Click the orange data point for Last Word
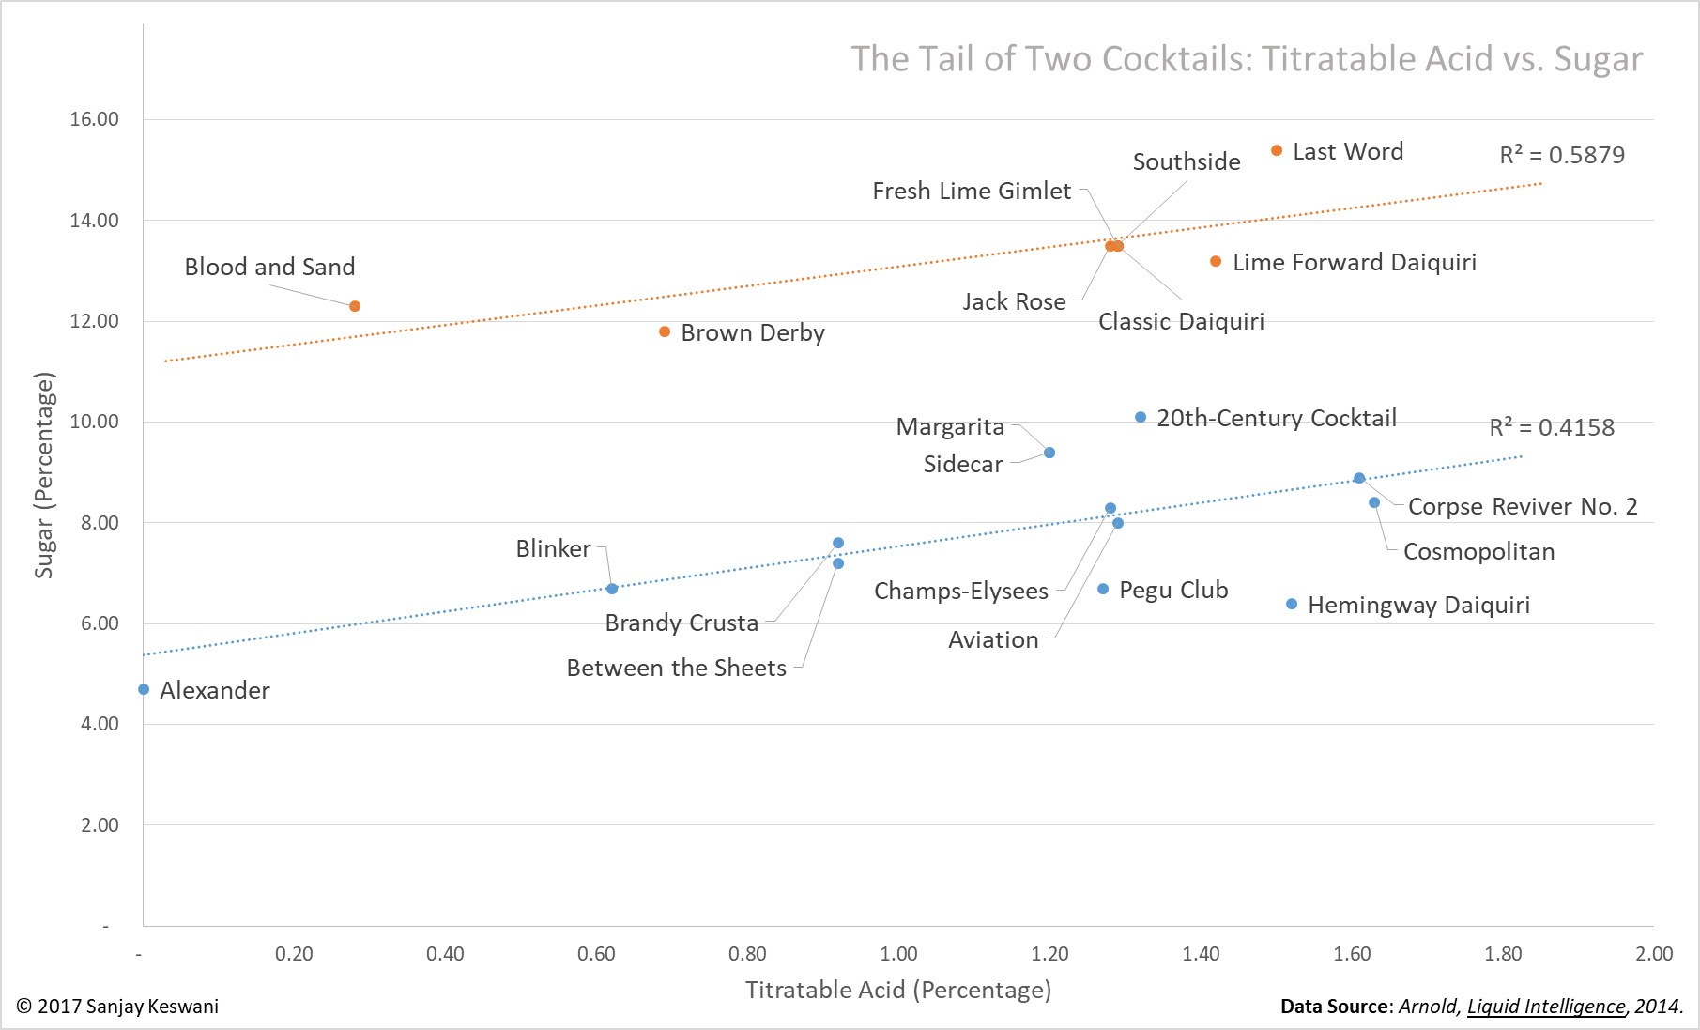click(x=1277, y=151)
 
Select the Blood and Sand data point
click(x=355, y=306)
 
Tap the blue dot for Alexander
click(x=144, y=689)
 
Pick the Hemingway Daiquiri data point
click(x=1292, y=604)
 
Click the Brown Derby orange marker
click(x=665, y=331)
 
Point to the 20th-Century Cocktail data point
click(x=1141, y=417)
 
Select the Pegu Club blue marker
click(x=1103, y=589)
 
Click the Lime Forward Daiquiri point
click(x=1216, y=261)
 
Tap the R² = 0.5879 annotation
click(x=1562, y=155)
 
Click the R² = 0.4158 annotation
click(x=1552, y=427)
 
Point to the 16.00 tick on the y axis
click(x=94, y=119)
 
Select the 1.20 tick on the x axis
click(x=1049, y=954)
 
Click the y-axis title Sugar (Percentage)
click(x=44, y=475)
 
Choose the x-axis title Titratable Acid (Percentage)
click(x=898, y=990)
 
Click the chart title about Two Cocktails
click(x=1247, y=59)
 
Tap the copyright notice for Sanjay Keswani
click(x=117, y=1007)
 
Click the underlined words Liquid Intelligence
click(x=1546, y=1007)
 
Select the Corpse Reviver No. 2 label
click(x=1523, y=507)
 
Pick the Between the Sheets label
click(x=676, y=668)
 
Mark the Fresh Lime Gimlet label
click(x=972, y=192)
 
